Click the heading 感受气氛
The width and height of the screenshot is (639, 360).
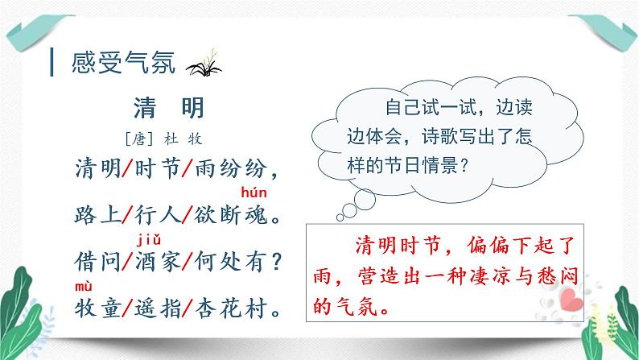click(x=123, y=62)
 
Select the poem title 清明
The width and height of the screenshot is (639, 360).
click(x=169, y=108)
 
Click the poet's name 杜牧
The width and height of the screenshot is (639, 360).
click(x=183, y=139)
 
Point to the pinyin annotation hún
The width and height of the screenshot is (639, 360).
click(x=254, y=192)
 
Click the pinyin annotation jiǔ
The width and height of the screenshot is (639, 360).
click(x=149, y=239)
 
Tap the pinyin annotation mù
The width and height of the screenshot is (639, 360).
click(x=84, y=287)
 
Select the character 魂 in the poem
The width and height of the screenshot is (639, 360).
click(x=256, y=215)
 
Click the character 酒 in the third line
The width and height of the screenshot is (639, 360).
click(x=145, y=261)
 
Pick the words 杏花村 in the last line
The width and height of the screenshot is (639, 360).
click(x=232, y=308)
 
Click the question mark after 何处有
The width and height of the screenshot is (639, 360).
click(x=277, y=261)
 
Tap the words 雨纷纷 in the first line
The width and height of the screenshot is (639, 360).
click(x=231, y=168)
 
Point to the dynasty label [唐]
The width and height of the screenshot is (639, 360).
click(x=139, y=139)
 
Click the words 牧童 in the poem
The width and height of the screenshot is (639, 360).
click(x=98, y=308)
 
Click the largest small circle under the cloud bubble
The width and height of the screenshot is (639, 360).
click(x=365, y=200)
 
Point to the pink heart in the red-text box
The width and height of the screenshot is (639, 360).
click(x=571, y=299)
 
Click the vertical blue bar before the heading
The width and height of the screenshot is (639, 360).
click(x=52, y=62)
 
